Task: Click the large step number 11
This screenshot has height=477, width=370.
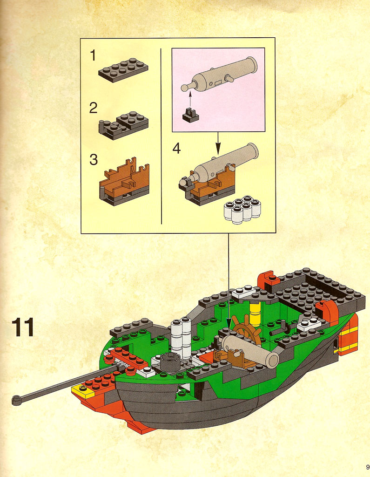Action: [22, 327]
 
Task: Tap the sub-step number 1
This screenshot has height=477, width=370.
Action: [93, 55]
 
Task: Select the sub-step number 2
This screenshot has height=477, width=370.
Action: [94, 108]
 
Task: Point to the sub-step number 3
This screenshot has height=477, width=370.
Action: [94, 160]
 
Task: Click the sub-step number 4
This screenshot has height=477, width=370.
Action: [177, 148]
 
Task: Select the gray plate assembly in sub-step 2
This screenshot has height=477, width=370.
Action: [123, 125]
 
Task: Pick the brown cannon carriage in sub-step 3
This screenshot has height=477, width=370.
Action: [125, 182]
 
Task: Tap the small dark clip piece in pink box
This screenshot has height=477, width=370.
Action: [190, 116]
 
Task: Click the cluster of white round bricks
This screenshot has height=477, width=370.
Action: [242, 210]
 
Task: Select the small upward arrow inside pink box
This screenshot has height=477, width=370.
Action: [190, 99]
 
